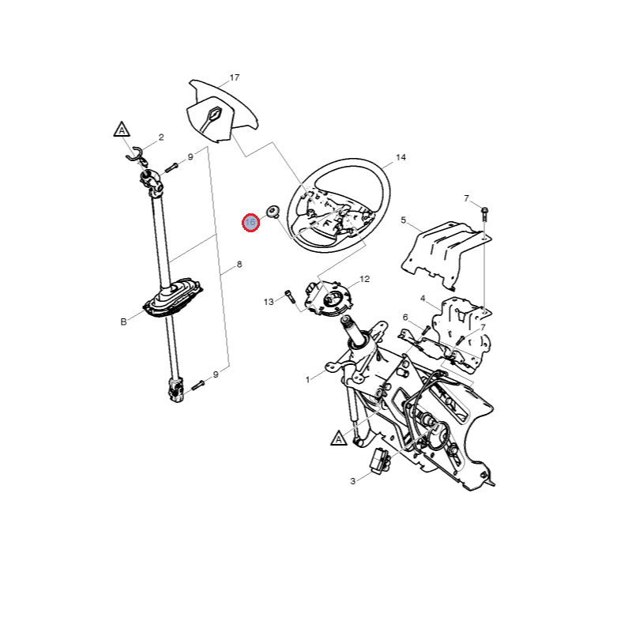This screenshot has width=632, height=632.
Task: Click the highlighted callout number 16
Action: point(250,223)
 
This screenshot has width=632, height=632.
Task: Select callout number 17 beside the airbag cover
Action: point(235,77)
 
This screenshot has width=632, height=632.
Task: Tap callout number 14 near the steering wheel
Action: point(401,157)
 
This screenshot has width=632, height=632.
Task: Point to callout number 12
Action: point(364,279)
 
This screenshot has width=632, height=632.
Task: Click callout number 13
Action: point(269,302)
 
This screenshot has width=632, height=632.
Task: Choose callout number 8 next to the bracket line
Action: point(239,265)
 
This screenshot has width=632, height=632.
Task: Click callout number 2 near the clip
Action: point(161,137)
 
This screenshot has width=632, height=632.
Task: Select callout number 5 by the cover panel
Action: point(403,220)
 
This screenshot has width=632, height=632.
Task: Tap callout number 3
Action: point(352,481)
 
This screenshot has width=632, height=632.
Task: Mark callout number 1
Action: point(307,379)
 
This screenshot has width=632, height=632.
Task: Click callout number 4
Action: point(423,299)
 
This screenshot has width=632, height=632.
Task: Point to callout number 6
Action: point(405,318)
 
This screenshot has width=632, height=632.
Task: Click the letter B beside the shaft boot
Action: point(123,322)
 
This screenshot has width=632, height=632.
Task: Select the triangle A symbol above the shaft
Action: point(122,130)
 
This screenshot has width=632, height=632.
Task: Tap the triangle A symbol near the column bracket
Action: point(339,438)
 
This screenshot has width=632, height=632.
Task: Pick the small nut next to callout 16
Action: point(273,211)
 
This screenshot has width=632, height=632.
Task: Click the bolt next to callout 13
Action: point(290,297)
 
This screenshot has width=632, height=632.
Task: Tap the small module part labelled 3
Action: point(380,459)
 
